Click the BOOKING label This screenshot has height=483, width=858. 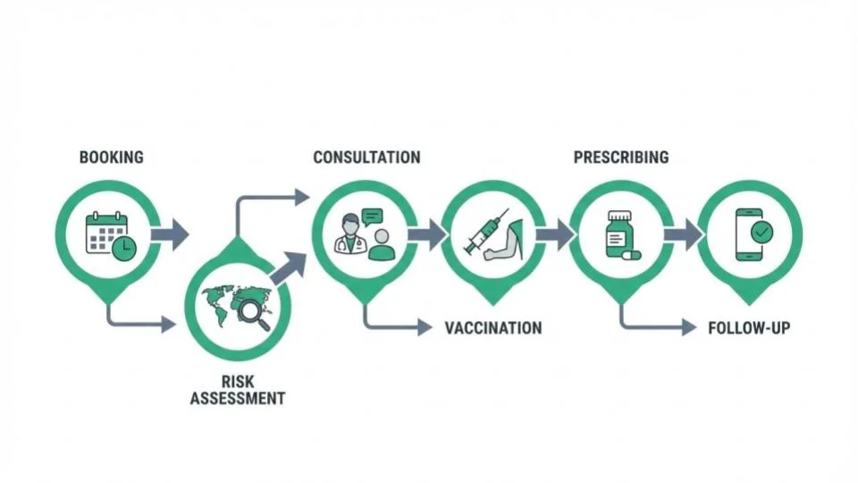[x=111, y=157]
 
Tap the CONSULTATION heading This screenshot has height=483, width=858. [x=366, y=157]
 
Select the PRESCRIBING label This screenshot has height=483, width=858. [x=620, y=157]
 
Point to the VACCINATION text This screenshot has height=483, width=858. [x=493, y=327]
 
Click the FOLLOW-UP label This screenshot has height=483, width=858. [x=748, y=327]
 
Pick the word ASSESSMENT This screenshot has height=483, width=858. [x=238, y=398]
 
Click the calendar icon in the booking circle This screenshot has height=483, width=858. [x=107, y=236]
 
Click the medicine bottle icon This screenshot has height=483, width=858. [x=617, y=234]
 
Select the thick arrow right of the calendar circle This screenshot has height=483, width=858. [x=170, y=234]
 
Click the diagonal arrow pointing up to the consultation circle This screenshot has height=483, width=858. [x=288, y=268]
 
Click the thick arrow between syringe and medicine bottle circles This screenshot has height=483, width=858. [x=554, y=234]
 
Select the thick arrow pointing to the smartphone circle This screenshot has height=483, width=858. [x=683, y=234]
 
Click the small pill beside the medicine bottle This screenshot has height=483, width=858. [x=632, y=254]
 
